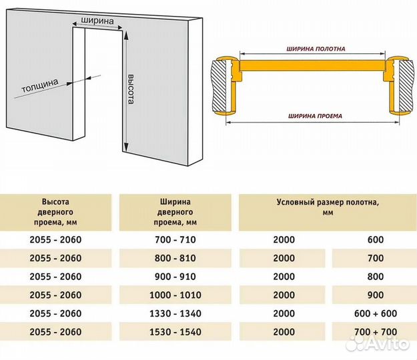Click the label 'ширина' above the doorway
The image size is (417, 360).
(x=97, y=21)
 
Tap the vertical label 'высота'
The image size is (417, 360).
(x=131, y=89)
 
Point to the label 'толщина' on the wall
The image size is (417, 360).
(x=39, y=85)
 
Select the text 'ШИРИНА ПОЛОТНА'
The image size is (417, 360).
(x=316, y=49)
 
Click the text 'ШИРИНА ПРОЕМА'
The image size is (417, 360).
(x=315, y=116)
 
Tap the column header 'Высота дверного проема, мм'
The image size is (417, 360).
(x=55, y=212)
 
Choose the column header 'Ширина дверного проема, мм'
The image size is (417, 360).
(x=175, y=212)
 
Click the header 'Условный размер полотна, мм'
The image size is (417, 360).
(x=328, y=207)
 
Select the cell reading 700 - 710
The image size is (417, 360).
(x=175, y=239)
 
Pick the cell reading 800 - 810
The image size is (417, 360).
(x=175, y=258)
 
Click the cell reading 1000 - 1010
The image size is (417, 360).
(x=175, y=295)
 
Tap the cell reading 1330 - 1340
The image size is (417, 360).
(x=175, y=313)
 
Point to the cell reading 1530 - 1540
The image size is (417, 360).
(x=175, y=332)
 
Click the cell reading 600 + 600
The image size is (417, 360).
(x=376, y=313)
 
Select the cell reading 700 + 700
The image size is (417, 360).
(x=376, y=332)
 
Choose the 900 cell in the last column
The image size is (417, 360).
(x=376, y=295)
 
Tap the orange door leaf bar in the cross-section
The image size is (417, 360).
(x=312, y=65)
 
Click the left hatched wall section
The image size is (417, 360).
(x=219, y=86)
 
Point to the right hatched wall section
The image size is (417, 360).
(x=406, y=86)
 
